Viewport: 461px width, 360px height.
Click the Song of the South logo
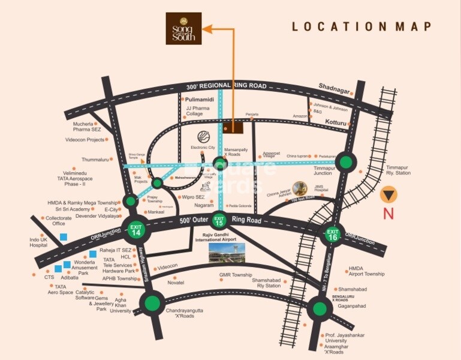pyautogui.click(x=184, y=28)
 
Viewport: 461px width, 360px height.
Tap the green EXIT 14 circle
pyautogui.click(x=136, y=228)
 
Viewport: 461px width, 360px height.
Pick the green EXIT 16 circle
pyautogui.click(x=333, y=235)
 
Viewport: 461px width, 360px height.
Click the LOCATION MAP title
pyautogui.click(x=361, y=26)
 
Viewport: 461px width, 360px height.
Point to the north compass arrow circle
pyautogui.click(x=390, y=195)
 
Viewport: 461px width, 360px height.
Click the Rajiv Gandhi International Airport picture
pyautogui.click(x=227, y=252)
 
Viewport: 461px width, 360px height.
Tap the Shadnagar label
pyautogui.click(x=333, y=86)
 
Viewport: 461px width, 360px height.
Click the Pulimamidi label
pyautogui.click(x=200, y=98)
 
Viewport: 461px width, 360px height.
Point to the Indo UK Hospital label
pyautogui.click(x=39, y=242)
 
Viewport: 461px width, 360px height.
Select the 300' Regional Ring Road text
pyautogui.click(x=227, y=86)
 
